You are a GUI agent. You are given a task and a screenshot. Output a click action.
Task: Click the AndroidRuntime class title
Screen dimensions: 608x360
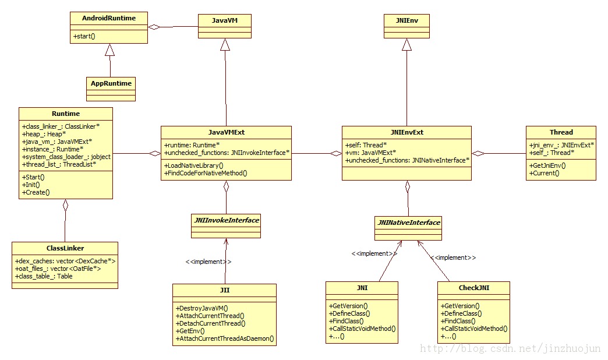point(109,18)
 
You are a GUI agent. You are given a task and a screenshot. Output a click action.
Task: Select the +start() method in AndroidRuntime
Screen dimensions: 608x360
point(84,36)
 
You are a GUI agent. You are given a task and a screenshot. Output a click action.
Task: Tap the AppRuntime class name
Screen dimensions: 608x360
point(111,83)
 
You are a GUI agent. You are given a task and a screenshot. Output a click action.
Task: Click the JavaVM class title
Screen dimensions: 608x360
point(225,20)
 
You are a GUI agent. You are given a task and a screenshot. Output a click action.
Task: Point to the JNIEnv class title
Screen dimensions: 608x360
point(406,20)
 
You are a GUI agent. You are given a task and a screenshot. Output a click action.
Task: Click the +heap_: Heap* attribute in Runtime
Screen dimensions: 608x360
point(44,134)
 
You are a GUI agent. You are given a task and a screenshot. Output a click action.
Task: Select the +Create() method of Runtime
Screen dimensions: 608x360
point(36,192)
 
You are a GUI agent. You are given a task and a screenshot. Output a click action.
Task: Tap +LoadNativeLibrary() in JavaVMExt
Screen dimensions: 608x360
point(194,165)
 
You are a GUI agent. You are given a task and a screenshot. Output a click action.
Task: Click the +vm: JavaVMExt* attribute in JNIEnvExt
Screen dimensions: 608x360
point(371,153)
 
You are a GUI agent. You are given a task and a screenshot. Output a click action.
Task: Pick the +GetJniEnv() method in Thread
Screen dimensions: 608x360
point(547,165)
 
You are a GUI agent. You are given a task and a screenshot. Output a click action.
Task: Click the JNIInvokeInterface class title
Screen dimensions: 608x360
point(227,220)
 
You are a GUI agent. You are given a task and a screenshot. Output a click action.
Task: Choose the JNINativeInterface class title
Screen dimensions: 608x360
point(409,223)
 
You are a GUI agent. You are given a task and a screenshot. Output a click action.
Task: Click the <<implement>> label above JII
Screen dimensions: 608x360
point(208,262)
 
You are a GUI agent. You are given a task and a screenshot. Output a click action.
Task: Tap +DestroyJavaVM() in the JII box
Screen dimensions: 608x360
point(202,308)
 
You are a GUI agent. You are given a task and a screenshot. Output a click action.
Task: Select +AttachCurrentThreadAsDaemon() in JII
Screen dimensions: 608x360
point(225,338)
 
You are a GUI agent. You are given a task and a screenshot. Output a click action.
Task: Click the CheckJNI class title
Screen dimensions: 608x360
point(474,288)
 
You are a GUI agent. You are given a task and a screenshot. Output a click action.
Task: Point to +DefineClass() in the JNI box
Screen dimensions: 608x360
point(349,313)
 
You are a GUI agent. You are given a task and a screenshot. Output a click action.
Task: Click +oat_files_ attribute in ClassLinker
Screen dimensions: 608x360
point(58,269)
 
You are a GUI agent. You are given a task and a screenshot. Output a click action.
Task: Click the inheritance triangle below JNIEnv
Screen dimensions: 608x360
point(406,45)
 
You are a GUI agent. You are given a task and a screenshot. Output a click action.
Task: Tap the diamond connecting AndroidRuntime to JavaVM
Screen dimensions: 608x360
point(154,27)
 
